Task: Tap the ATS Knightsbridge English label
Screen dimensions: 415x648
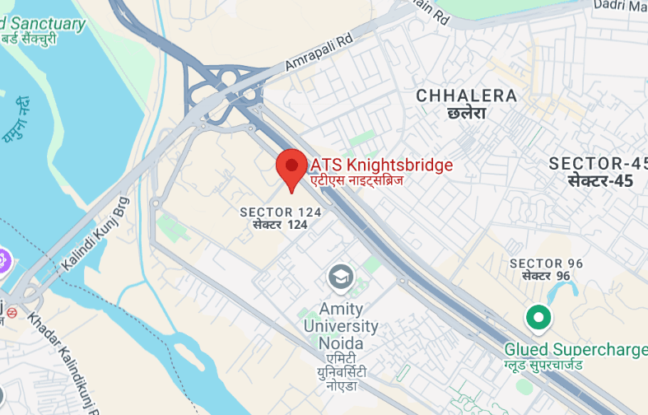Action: tap(381, 165)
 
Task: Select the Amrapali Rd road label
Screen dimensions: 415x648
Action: tap(319, 51)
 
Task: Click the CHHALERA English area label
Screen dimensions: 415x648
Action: tap(467, 96)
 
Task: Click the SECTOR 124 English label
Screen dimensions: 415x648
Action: tap(280, 212)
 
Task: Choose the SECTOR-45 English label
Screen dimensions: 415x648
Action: tap(598, 163)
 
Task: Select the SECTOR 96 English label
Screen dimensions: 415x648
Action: tap(547, 263)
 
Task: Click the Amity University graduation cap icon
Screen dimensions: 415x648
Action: tap(340, 277)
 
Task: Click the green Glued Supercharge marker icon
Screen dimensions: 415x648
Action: tap(538, 316)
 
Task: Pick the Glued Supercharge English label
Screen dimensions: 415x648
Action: tap(576, 350)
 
